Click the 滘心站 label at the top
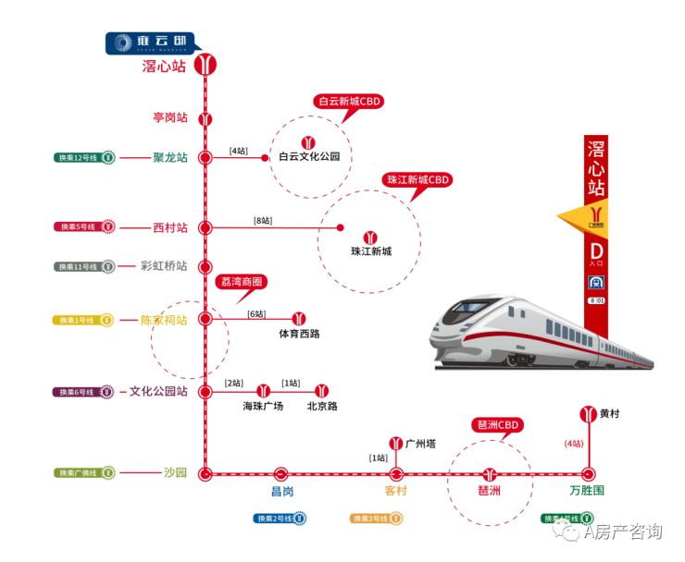click(164, 67)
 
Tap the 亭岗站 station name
click(170, 118)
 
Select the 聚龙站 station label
click(170, 157)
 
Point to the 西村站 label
click(170, 227)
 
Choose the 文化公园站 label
click(158, 392)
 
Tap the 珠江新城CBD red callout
click(417, 179)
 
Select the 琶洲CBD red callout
click(497, 425)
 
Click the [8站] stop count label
click(264, 221)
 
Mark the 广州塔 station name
click(421, 445)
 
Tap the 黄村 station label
click(609, 413)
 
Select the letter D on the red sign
click(596, 250)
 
